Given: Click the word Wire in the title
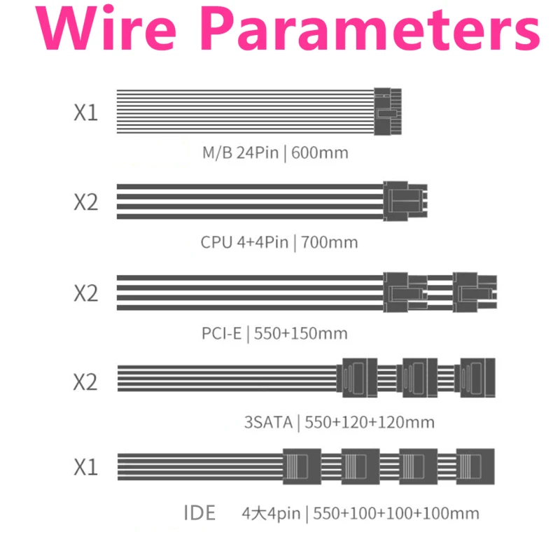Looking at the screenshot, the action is pos(106,28).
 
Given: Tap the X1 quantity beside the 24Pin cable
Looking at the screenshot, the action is pos(85,112).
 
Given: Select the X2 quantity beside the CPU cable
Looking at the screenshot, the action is pos(85,202).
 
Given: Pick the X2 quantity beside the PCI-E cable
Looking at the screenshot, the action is pos(85,293).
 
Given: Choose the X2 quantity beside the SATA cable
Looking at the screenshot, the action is pos(85,381).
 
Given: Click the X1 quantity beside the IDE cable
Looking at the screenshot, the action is pos(85,466).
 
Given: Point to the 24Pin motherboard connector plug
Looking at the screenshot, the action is pos(388,111).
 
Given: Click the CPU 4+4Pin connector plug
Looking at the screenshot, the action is pos(405,201).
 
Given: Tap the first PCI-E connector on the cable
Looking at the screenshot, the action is pos(405,293).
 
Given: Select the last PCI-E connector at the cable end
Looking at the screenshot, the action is pos(475,293).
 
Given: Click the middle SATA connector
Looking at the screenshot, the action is pos(417,378).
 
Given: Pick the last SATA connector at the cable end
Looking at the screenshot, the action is pos(475,378).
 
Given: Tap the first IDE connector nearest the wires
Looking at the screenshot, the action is pos(302,466).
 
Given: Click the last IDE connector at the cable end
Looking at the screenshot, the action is pos(475,466).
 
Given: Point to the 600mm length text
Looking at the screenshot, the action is pos(320,153).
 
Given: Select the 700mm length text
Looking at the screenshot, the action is pos(329,242).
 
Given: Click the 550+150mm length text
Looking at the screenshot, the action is pos(301,334).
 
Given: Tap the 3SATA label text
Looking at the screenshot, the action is pos(269,422).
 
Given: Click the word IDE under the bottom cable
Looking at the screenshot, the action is pos(199,513).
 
